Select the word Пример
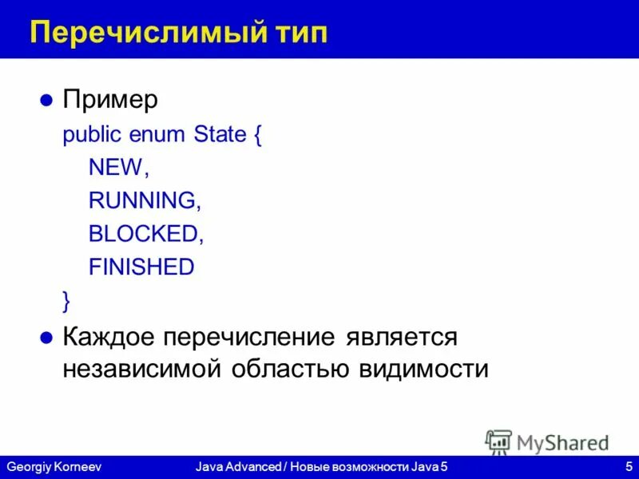point(110,101)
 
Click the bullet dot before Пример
point(46,101)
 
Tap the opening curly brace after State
point(258,135)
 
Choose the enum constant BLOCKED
point(141,233)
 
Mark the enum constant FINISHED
point(141,267)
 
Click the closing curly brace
point(66,300)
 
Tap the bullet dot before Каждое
point(46,337)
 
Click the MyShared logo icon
point(498,441)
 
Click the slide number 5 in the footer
point(629,465)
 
